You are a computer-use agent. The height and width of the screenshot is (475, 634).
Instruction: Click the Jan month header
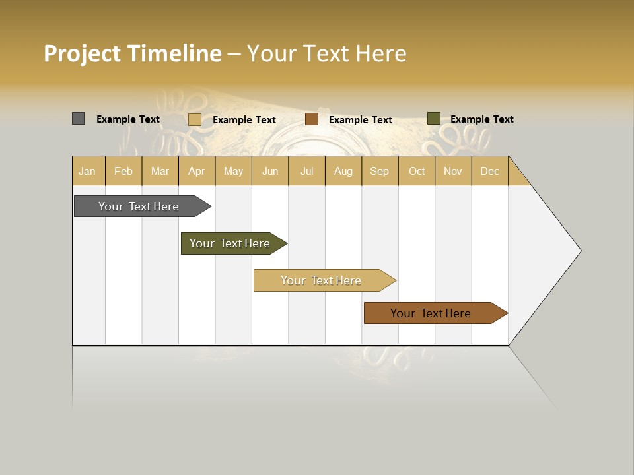[x=88, y=171]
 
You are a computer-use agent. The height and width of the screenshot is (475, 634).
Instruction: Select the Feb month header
[x=123, y=171]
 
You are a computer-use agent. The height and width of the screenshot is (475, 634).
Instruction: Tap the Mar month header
[x=160, y=171]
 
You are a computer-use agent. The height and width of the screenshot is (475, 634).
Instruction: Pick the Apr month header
[x=197, y=171]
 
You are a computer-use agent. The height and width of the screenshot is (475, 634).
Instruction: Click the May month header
[x=233, y=171]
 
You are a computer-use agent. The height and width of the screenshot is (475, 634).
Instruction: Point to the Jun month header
[x=270, y=171]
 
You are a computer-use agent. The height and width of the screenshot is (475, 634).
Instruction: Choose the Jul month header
[x=306, y=171]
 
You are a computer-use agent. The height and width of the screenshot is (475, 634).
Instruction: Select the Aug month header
[x=343, y=171]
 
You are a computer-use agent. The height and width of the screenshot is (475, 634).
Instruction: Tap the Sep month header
[x=380, y=171]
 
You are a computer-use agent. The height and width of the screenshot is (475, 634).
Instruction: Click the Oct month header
[x=417, y=171]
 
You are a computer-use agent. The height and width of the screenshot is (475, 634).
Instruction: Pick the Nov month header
[x=453, y=171]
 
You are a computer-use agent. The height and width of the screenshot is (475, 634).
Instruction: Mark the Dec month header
[x=490, y=171]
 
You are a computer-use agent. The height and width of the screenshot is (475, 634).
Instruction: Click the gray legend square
[x=78, y=119]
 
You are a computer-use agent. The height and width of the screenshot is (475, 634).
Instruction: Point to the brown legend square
[x=312, y=119]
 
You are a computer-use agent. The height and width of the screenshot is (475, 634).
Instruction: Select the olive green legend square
[x=433, y=119]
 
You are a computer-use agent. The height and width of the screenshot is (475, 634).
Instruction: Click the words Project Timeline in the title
[x=133, y=53]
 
